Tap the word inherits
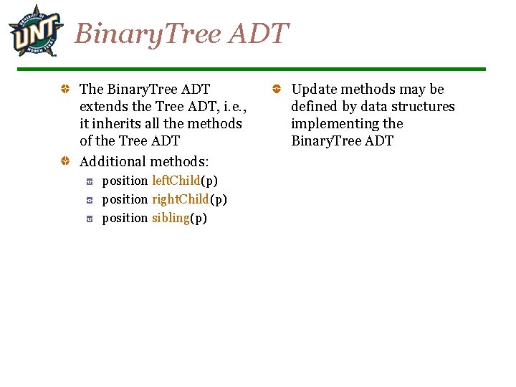point(115,124)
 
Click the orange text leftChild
point(176,181)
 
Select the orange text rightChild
point(180,199)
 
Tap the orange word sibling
point(171,218)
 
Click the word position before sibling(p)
point(125,218)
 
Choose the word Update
point(314,90)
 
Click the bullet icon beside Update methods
point(276,90)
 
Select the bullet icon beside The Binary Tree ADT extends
point(64,90)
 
